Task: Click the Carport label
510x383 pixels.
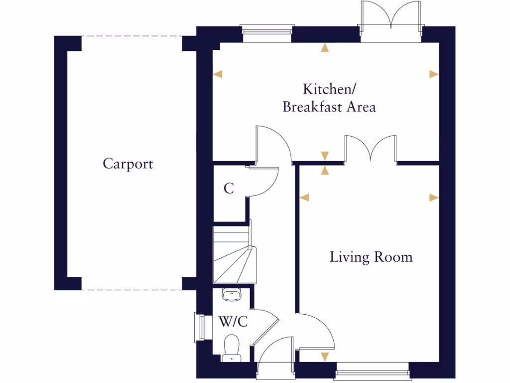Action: pos(128,164)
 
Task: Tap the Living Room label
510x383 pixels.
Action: pos(371,257)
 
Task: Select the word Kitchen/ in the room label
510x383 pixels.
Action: pos(329,90)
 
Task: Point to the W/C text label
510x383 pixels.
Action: pos(233,322)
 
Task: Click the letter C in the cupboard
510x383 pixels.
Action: pos(229,189)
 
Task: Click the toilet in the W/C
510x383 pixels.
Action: pos(231,347)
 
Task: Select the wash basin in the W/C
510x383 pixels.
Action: pos(231,295)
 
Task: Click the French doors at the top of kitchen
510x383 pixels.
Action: pos(391,20)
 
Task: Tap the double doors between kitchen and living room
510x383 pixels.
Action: pos(371,149)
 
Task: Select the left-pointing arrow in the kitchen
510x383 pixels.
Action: pos(218,74)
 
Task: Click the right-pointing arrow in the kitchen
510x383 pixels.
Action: pos(434,74)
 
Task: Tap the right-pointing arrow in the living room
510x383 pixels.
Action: pos(434,197)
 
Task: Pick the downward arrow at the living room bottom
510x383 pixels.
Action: pos(325,357)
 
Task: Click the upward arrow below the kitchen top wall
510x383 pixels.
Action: pos(325,48)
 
